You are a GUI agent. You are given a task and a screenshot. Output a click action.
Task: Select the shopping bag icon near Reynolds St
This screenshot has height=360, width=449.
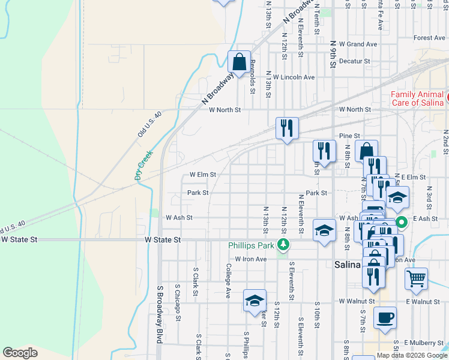coord(240,62)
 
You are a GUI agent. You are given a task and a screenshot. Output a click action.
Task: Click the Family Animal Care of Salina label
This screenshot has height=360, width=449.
coord(417,98)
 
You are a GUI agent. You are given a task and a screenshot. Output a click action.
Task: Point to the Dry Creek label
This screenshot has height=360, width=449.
coord(144,165)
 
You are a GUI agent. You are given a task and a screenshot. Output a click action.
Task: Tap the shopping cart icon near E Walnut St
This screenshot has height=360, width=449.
coord(415,278)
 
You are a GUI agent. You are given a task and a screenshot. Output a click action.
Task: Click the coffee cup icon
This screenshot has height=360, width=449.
coord(385,318)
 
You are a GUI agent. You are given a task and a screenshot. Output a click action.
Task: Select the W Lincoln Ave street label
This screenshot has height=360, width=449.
coord(294,77)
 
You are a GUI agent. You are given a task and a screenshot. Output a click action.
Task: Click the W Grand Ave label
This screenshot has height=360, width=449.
coord(358,44)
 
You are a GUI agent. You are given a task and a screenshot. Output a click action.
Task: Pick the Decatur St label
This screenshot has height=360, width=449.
coord(354,61)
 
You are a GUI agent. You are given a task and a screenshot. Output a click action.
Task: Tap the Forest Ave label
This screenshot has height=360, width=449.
coord(429,38)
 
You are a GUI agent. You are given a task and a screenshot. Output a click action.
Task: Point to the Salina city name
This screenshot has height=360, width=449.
coord(346,265)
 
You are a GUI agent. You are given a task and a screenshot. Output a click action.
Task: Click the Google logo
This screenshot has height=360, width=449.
coord(20,353)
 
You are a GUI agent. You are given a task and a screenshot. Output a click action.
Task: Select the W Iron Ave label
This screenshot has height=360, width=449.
coord(250,259)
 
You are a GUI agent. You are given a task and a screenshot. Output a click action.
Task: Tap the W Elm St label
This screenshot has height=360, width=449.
coord(202,175)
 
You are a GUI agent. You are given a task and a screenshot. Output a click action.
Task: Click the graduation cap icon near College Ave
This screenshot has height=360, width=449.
coord(255,300)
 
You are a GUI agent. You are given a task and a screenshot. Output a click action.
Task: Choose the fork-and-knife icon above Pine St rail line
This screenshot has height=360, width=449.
coord(287,128)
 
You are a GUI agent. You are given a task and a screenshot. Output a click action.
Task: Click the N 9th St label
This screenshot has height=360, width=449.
coord(334,54)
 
